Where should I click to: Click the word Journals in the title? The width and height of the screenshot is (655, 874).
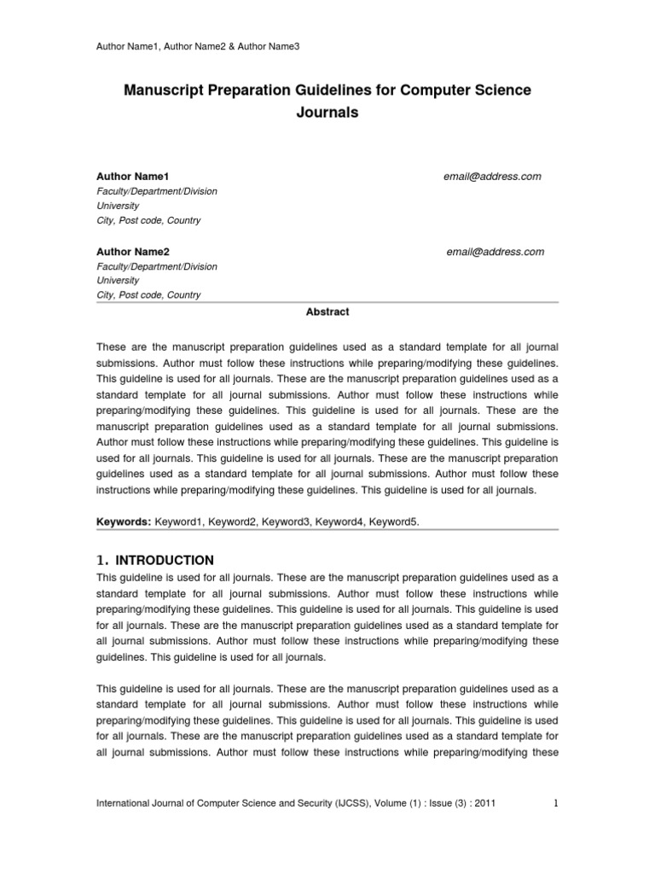[x=327, y=111]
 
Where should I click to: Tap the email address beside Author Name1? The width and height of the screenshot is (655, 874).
[x=492, y=177]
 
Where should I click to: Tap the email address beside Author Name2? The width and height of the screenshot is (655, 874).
[x=495, y=252]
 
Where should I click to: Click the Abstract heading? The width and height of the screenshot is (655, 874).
[x=327, y=312]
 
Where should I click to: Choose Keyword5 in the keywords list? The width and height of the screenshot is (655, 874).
[x=393, y=520]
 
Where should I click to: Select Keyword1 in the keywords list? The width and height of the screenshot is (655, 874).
[x=180, y=520]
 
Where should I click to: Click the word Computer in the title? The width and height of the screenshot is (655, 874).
[x=442, y=90]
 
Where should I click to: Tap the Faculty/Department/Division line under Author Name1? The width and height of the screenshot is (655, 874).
[x=156, y=191]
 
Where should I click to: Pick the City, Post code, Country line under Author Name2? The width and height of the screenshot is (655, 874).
[x=148, y=295]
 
